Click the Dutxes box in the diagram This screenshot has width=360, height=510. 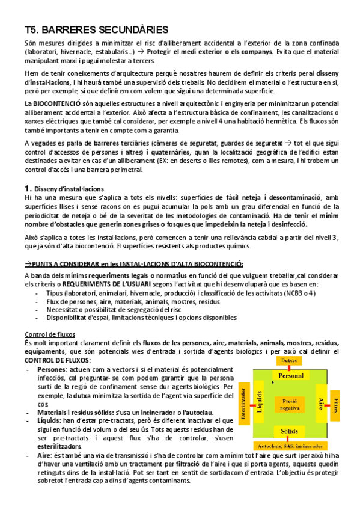click(290, 360)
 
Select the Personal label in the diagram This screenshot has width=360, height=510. click(290, 375)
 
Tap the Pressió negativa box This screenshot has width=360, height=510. click(289, 404)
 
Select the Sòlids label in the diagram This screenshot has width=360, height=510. click(290, 431)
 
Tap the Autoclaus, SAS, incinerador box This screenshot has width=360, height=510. click(290, 446)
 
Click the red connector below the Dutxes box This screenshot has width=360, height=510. click(290, 367)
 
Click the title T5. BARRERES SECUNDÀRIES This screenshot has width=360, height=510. click(96, 29)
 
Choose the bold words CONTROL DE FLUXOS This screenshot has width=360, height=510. click(56, 360)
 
